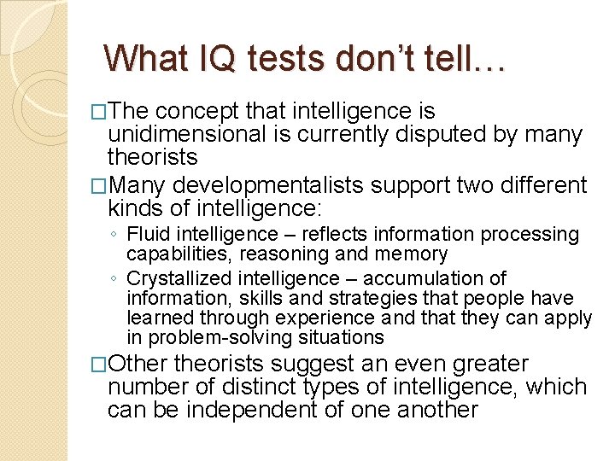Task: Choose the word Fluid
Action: point(148,235)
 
